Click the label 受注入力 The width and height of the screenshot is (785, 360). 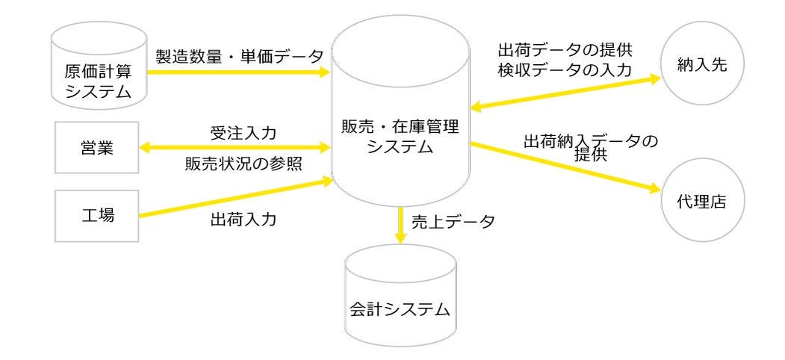[x=242, y=134]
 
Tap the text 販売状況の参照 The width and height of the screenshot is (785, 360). [x=243, y=165]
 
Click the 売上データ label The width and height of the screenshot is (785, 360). [x=453, y=222]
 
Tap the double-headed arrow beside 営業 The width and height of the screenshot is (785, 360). [x=235, y=148]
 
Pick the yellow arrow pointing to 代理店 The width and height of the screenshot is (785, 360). [x=568, y=165]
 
